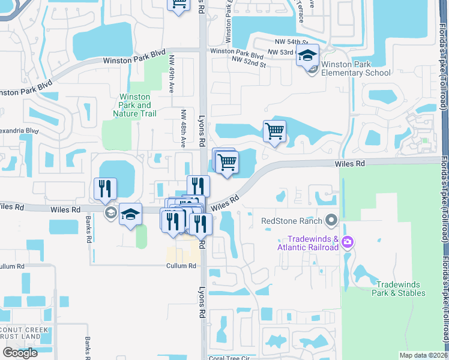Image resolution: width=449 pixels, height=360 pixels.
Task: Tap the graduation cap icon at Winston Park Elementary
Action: [x=307, y=56]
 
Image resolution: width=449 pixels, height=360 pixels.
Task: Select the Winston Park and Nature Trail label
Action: [x=135, y=105]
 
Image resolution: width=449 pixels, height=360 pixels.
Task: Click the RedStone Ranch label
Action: [x=292, y=221]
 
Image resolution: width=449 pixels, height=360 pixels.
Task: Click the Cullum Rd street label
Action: [x=181, y=266]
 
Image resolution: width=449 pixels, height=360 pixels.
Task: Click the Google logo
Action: [x=20, y=353]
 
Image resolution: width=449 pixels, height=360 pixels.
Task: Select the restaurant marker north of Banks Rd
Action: [x=106, y=189]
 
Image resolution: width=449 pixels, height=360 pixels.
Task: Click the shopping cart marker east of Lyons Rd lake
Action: [x=274, y=130]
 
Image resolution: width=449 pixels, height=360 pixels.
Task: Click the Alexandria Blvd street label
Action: [x=18, y=130]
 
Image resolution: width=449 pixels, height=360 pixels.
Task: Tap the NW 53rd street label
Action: [x=280, y=53]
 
